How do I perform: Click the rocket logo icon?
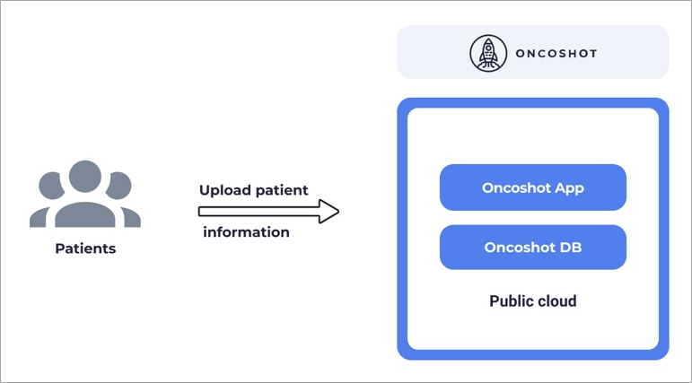point(487,53)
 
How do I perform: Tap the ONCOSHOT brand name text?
point(556,53)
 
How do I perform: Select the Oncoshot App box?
point(532,187)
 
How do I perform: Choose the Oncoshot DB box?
point(532,248)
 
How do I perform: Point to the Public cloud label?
point(532,301)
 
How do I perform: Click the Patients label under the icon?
point(85,248)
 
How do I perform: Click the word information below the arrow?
point(246,232)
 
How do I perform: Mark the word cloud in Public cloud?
point(556,301)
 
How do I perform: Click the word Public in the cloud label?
point(511,301)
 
